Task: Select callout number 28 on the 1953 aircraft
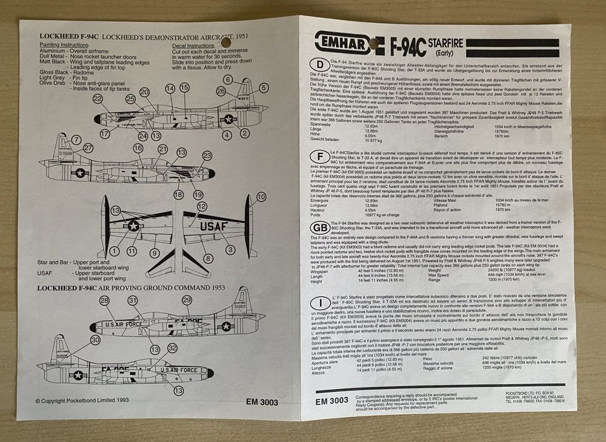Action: click(x=104, y=301)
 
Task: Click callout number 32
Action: click(x=172, y=347)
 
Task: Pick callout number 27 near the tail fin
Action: click(x=88, y=147)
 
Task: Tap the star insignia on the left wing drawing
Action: click(x=133, y=226)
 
